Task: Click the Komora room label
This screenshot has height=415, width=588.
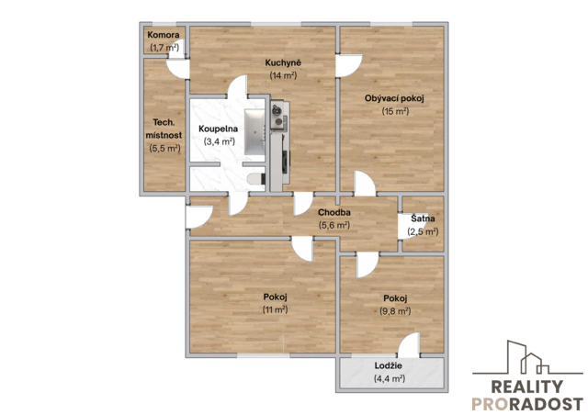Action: coord(164,35)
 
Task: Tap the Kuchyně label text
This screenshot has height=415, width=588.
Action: coord(283,62)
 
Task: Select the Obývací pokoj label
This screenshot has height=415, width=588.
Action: coord(394,98)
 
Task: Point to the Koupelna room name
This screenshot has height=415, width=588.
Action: coord(219,129)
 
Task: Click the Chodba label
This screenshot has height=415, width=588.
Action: coord(334,213)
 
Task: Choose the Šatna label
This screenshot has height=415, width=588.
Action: coord(423,219)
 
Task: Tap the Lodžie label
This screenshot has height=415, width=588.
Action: coord(388,365)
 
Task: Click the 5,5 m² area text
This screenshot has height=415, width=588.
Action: coord(164,148)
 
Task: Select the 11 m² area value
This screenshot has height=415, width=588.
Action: coord(276,309)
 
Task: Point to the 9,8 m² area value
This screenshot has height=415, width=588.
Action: coord(395,311)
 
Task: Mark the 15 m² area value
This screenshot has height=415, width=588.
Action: coord(395,111)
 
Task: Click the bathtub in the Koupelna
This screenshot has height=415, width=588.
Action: coord(255,132)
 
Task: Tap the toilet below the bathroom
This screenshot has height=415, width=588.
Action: coord(255,179)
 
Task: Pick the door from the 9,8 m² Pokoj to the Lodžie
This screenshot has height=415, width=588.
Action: coord(408,345)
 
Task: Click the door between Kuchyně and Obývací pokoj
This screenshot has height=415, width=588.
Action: coord(348,65)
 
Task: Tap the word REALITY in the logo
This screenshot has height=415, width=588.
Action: coord(526,387)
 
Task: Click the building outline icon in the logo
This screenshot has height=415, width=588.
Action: coord(527,357)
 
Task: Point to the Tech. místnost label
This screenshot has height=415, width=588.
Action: coord(164,129)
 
